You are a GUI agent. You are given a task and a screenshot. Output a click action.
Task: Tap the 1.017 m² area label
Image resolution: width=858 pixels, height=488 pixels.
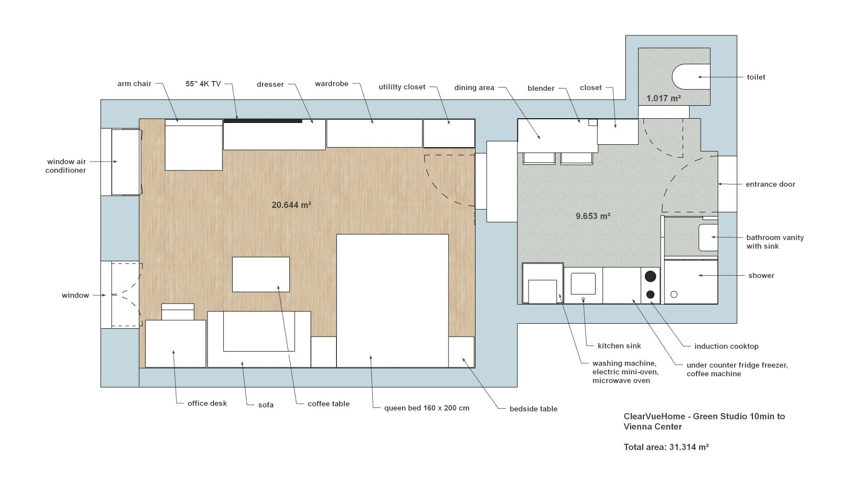(664, 98)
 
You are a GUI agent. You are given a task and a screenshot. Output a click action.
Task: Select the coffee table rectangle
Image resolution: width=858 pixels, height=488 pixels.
(261, 274)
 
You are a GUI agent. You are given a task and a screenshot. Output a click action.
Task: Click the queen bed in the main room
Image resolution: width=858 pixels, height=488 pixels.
(392, 300)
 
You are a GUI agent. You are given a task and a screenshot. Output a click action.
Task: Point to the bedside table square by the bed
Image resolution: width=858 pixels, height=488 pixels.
(461, 352)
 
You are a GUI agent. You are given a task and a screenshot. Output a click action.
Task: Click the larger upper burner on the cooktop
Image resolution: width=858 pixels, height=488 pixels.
(650, 276)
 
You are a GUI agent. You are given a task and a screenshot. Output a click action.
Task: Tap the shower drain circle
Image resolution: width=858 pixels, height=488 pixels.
(674, 294)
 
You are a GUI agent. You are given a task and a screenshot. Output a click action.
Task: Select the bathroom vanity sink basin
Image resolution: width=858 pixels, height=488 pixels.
(708, 237)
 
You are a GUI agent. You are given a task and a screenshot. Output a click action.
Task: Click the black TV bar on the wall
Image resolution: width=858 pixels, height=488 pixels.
(263, 121)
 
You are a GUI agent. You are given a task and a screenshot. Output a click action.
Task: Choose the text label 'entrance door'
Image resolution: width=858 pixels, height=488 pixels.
(770, 184)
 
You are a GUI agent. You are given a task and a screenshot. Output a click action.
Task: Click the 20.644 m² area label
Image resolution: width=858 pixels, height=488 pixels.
(291, 205)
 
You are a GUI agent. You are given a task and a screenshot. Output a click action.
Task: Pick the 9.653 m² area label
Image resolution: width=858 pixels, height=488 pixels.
(593, 216)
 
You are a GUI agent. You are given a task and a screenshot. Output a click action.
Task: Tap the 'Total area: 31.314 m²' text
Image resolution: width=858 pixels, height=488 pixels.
(666, 447)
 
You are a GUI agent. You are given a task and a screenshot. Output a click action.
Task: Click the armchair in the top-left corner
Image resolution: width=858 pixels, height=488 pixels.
(194, 145)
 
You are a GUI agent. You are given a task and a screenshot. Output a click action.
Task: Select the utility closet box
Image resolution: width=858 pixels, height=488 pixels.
(449, 133)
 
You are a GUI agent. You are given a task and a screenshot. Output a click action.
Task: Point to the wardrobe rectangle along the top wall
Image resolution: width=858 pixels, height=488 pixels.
(374, 133)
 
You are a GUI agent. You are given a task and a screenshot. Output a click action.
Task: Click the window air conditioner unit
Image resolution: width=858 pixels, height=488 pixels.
(125, 162)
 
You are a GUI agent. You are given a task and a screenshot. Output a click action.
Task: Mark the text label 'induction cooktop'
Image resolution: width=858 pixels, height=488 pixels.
(726, 346)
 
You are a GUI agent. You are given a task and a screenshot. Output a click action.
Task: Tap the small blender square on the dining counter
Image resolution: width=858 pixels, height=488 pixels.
(592, 122)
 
